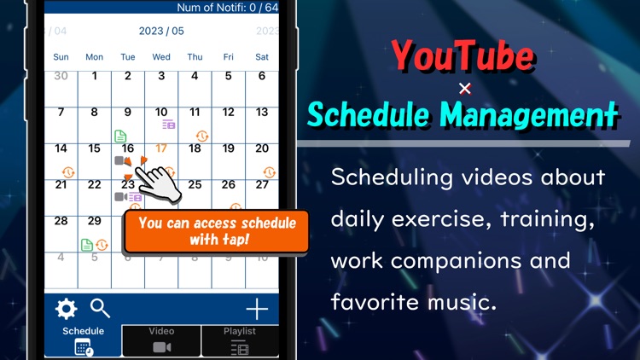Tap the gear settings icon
[66, 309]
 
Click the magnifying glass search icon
[100, 309]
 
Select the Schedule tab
[84, 340]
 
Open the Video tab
[161, 340]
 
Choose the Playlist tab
[240, 340]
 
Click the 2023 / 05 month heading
[161, 32]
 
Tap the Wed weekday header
[161, 57]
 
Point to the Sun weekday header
[61, 57]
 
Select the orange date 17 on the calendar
[161, 148]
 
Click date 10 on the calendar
[161, 112]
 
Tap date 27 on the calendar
[262, 184]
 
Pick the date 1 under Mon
[95, 76]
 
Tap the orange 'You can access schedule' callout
[217, 231]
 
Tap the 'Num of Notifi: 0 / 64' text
[227, 8]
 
